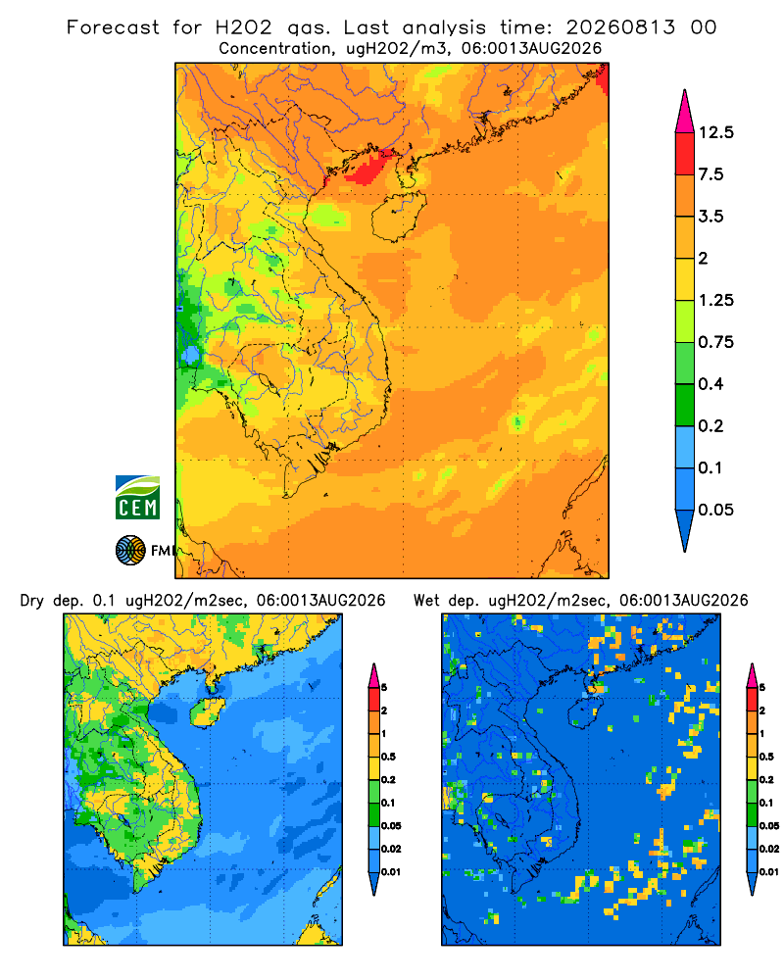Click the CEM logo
click(x=137, y=497)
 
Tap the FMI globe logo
click(x=130, y=550)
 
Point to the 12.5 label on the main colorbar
click(x=715, y=132)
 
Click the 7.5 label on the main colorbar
click(x=710, y=174)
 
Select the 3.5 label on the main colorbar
click(x=710, y=217)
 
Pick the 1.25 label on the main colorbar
click(x=715, y=300)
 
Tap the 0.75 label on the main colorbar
click(x=715, y=342)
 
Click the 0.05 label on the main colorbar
click(x=715, y=510)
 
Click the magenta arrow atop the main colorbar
click(x=685, y=113)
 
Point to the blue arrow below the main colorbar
click(x=685, y=529)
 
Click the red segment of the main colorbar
click(x=685, y=154)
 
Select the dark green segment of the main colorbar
click(x=685, y=405)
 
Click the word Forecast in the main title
click(x=113, y=27)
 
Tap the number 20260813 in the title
click(x=620, y=27)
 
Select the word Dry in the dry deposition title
click(x=32, y=601)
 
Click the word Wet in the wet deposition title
click(x=427, y=601)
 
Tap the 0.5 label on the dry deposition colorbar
click(x=388, y=757)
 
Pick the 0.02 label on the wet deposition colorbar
click(x=769, y=849)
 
